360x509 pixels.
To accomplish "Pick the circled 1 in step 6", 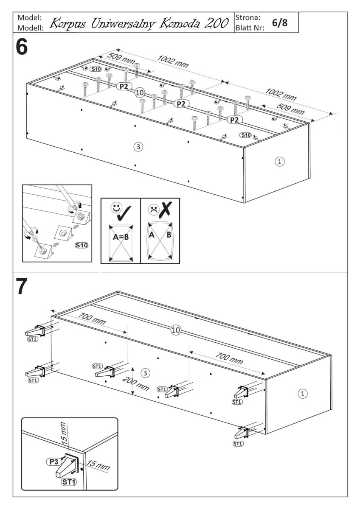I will [x=279, y=161].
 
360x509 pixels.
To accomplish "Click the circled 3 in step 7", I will [x=145, y=373].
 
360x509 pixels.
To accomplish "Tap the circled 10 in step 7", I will [x=176, y=330].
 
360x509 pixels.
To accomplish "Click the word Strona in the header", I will [x=247, y=18].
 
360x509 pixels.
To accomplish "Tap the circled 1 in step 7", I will [x=303, y=394].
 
